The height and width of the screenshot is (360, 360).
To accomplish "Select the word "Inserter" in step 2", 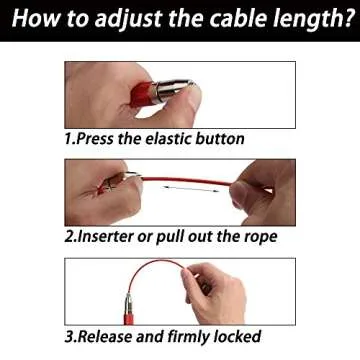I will click(x=114, y=237).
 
